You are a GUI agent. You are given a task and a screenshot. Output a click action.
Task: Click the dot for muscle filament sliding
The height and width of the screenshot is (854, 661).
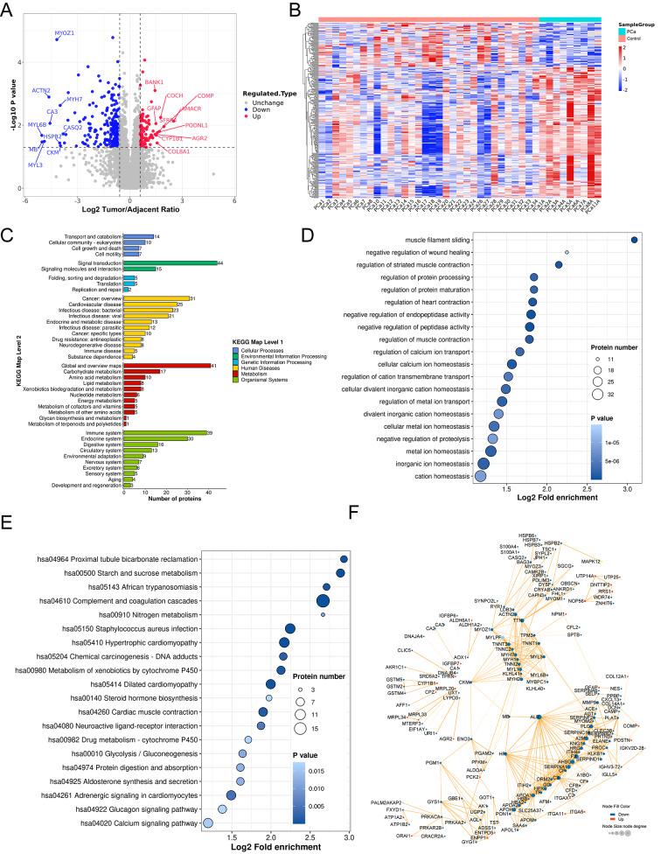(x=635, y=240)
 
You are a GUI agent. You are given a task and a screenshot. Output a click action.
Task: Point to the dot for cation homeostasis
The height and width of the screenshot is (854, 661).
(x=479, y=476)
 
